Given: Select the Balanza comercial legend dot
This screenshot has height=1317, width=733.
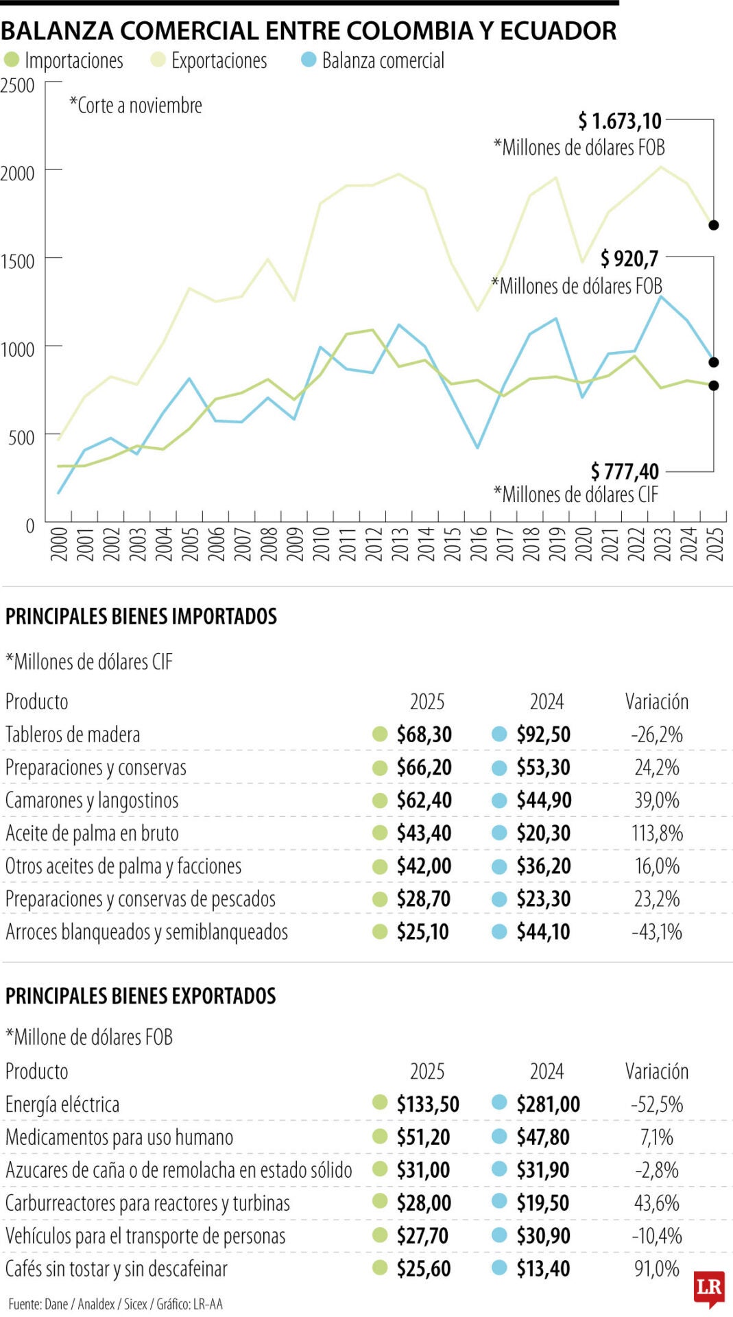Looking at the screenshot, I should [x=309, y=60].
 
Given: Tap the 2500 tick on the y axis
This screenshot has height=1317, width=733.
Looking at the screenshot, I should [x=18, y=86].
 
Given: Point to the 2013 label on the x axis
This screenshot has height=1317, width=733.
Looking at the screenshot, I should [x=400, y=544].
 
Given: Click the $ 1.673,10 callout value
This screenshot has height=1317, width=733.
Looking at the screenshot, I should [x=619, y=121].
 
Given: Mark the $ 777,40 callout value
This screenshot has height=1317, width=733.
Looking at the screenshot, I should [x=624, y=472].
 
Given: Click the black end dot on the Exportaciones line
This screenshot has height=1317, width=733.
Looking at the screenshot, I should [x=714, y=225].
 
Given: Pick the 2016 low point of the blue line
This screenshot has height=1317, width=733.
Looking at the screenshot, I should [x=478, y=448].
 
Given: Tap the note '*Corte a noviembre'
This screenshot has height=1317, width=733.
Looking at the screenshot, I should [x=136, y=106].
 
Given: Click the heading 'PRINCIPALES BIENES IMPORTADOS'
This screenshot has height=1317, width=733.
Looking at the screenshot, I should [x=141, y=616].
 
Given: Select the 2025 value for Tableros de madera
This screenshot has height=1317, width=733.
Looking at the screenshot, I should [x=424, y=735].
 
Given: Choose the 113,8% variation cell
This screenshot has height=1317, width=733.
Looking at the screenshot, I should [x=657, y=833].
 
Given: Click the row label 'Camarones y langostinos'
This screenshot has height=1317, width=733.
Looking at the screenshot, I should [x=92, y=800].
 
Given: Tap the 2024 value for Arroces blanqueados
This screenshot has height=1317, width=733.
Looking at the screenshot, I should [x=543, y=932].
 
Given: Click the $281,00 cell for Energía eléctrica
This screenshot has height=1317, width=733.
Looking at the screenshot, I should [x=548, y=1104].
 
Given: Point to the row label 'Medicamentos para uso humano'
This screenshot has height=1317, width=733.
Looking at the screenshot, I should [x=119, y=1137].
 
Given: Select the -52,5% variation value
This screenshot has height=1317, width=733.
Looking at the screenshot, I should [x=657, y=1104].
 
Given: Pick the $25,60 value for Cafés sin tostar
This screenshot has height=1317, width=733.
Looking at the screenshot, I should [x=424, y=1269].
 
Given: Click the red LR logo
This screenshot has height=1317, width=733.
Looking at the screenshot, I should [x=709, y=1288].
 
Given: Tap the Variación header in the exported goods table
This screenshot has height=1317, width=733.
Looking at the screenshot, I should [x=656, y=1071].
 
